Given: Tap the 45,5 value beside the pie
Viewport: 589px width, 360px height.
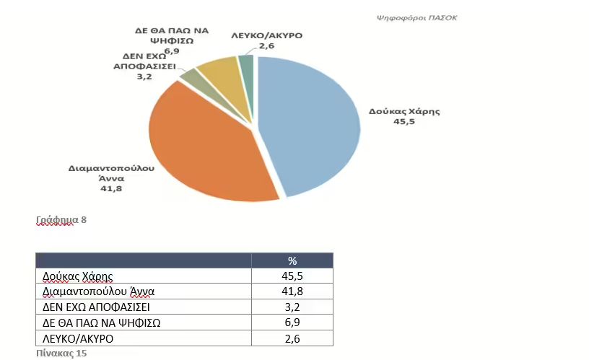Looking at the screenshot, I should click(403, 121).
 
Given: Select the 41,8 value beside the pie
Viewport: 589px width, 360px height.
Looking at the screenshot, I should click(111, 188).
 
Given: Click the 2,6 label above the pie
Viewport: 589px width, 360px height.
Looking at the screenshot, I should click(266, 45).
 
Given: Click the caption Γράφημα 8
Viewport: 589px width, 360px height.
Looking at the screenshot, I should click(61, 219).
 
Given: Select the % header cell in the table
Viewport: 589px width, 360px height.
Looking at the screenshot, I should click(292, 260).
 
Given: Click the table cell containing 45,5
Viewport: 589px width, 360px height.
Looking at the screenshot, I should click(292, 276).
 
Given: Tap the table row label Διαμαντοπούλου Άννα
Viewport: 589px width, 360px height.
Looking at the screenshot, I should click(99, 292).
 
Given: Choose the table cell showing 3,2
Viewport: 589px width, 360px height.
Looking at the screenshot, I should click(292, 307).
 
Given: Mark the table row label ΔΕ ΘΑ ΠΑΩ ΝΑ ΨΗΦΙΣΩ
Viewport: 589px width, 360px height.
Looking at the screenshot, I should click(102, 322).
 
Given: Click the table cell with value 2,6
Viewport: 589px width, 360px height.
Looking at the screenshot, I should click(292, 338).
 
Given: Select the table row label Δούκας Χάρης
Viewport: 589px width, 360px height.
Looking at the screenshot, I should click(78, 276).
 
